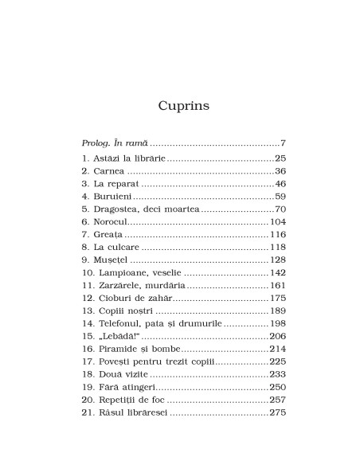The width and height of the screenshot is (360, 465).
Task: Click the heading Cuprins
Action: click(x=179, y=106)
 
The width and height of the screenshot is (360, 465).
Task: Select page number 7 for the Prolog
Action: click(x=283, y=143)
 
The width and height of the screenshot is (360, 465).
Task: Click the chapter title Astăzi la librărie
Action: click(x=131, y=158)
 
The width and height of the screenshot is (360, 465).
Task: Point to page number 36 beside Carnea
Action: click(x=280, y=171)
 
